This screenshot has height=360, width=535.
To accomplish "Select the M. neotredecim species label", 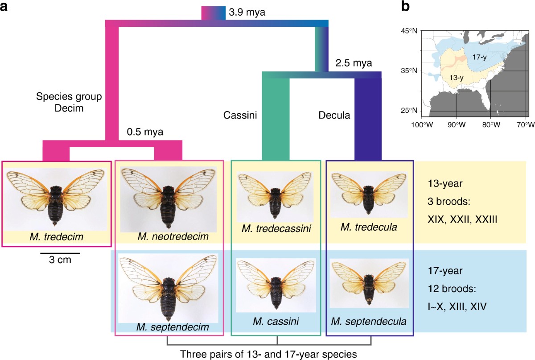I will tap(173, 235).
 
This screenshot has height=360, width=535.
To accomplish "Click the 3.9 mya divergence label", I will tap(247, 12).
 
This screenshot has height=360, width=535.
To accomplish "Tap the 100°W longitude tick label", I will tap(423, 124).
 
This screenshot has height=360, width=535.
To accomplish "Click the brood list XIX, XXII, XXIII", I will tap(461, 219).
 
